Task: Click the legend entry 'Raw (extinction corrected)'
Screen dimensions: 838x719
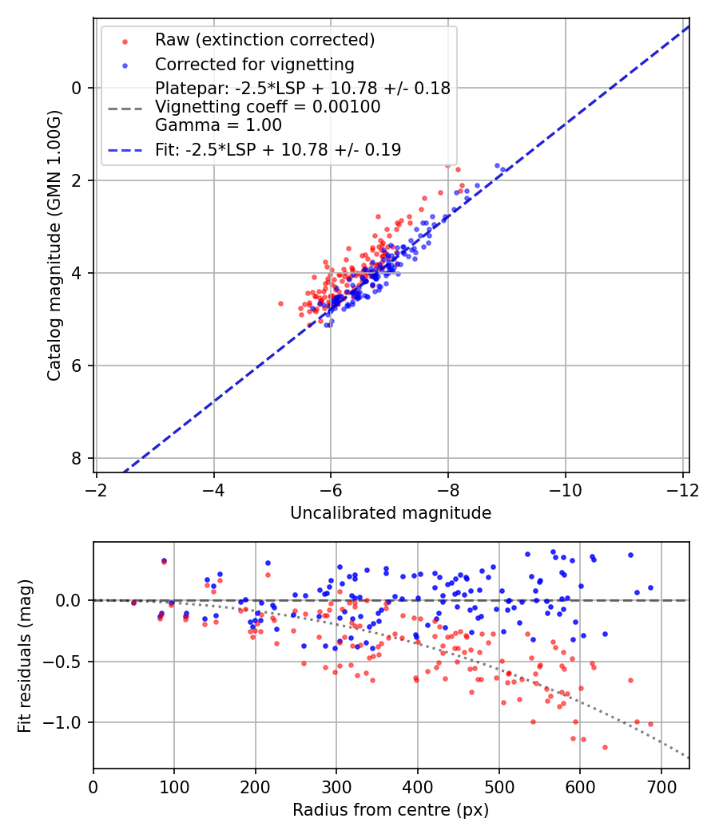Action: point(264,40)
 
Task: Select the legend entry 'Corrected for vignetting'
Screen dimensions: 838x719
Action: point(255,64)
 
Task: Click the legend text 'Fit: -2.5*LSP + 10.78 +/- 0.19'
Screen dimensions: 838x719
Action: point(278,149)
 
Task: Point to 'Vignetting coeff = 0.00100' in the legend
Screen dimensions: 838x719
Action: point(268,106)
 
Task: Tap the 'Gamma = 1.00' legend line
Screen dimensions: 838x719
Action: point(218,125)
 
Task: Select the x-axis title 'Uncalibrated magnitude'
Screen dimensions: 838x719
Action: point(391,513)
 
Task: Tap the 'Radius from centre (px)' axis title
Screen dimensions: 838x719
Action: point(391,810)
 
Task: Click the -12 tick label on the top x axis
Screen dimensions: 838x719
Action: point(683,489)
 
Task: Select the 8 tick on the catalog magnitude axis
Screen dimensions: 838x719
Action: point(77,458)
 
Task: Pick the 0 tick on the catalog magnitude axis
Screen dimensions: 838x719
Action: point(77,88)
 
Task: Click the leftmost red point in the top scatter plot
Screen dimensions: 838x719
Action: point(280,303)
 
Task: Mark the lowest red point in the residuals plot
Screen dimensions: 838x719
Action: point(605,747)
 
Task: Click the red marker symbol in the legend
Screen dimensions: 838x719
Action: point(124,40)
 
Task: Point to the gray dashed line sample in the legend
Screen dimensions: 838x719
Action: point(124,107)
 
